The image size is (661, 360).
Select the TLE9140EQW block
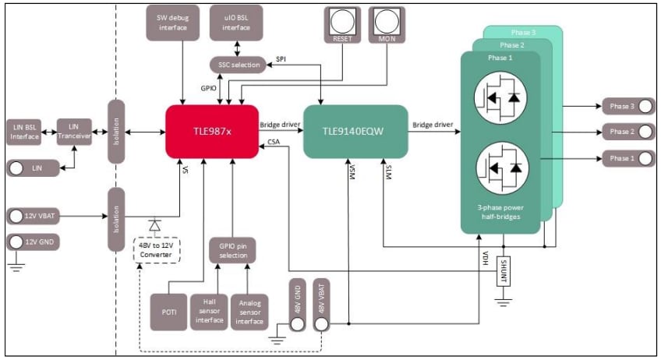[x=355, y=131]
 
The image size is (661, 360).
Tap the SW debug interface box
[x=174, y=23]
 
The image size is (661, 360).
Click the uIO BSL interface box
[x=235, y=23]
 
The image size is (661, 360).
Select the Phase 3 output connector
[x=627, y=105]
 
